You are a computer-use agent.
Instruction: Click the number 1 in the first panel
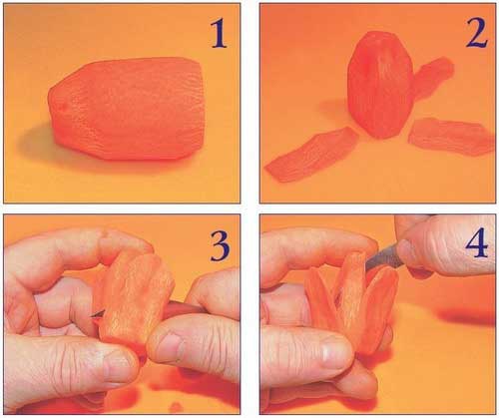(219, 34)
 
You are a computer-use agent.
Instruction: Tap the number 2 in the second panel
(476, 34)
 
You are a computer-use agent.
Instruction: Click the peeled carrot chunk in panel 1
(126, 109)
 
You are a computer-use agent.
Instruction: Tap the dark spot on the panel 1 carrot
(63, 107)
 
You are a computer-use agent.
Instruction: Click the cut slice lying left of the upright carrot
(310, 155)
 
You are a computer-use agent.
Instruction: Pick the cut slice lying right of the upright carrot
(451, 137)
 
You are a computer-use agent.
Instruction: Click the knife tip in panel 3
(92, 316)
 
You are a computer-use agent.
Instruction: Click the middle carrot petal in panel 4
(352, 299)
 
